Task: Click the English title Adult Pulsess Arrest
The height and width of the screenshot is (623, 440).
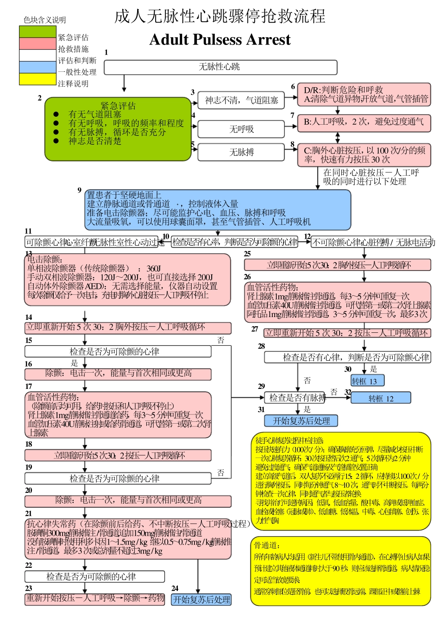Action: (220, 40)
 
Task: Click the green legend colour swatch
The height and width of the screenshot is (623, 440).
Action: (38, 32)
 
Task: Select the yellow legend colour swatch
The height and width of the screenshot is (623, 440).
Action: (38, 79)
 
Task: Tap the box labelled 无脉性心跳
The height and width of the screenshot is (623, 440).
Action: (220, 67)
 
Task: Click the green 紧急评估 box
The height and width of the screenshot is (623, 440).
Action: (118, 129)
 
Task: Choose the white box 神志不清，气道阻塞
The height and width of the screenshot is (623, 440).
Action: (241, 100)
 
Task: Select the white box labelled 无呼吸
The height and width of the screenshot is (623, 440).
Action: (241, 129)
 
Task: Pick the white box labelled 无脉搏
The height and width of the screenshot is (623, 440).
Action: (241, 152)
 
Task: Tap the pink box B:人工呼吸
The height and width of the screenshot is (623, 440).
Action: (364, 122)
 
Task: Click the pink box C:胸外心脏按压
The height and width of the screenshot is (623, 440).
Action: (364, 155)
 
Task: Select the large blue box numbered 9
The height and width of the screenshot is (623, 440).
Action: (218, 210)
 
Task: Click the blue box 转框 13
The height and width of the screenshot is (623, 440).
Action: (368, 381)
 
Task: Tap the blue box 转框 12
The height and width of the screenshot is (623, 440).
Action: (381, 398)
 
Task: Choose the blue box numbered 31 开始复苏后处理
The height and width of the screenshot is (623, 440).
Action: (301, 421)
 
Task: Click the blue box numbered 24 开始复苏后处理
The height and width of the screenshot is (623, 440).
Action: (201, 599)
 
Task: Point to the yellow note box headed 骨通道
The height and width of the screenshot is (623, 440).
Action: (341, 571)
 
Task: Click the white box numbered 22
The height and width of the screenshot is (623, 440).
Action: (94, 577)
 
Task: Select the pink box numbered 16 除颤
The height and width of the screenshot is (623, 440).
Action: (118, 374)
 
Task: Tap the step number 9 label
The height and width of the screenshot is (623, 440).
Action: (80, 190)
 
